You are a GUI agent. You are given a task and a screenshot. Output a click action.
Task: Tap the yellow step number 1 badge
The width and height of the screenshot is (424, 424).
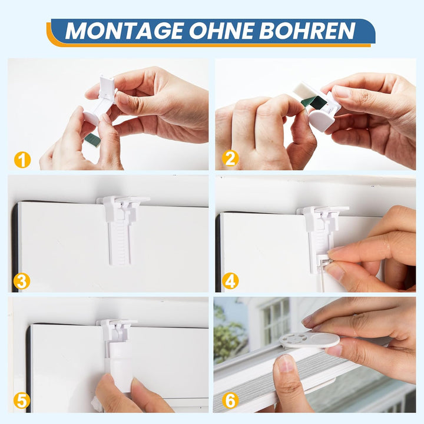point(22,159)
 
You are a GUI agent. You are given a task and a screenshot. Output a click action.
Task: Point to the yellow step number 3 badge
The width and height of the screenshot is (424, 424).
point(22,281)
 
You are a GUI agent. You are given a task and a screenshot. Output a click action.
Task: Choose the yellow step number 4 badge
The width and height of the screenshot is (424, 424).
point(230,281)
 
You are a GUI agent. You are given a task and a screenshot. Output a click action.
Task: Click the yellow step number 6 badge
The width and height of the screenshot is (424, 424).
point(230,401)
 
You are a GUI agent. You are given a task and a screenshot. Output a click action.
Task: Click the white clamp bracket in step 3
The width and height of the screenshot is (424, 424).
point(121,224)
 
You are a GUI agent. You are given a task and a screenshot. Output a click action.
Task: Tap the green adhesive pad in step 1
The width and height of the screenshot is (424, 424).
point(91,140)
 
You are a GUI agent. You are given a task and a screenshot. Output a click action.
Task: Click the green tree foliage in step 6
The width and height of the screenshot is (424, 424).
point(227,339)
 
